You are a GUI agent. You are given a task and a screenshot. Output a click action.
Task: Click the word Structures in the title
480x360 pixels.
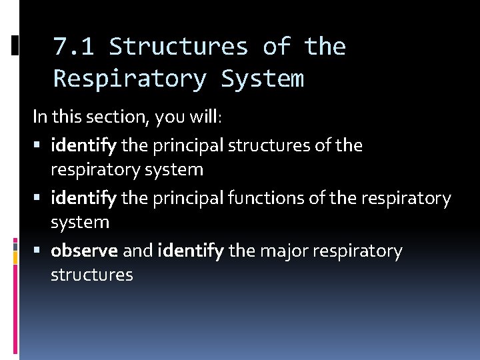[x=179, y=47]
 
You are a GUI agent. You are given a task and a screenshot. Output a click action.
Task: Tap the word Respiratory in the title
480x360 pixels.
[x=129, y=79]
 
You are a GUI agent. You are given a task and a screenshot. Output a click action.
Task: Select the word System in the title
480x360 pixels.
[x=263, y=79]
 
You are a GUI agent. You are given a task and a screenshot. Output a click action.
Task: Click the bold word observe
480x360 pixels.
[x=85, y=251]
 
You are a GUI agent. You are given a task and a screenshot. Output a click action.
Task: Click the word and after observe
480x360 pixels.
[x=138, y=251]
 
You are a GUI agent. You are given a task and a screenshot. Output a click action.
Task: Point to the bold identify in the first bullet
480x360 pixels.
[x=84, y=145]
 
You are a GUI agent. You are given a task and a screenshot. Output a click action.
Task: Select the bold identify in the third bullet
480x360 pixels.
[x=191, y=251]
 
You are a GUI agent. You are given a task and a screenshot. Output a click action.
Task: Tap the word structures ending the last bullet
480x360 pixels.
[x=92, y=275]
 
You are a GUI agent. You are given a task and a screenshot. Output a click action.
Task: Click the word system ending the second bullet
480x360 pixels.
[x=79, y=222]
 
